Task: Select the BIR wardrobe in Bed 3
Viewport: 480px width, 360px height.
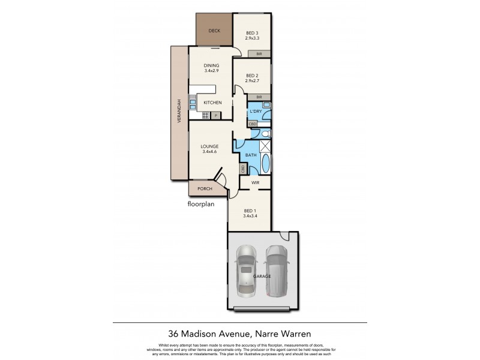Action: click(x=259, y=54)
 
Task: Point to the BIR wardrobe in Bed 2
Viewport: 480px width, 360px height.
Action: click(x=259, y=97)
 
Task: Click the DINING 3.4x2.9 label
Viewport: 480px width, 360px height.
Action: click(x=211, y=68)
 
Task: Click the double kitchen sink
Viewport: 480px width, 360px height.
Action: click(x=193, y=103)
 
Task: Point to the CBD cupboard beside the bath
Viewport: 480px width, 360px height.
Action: click(x=243, y=170)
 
